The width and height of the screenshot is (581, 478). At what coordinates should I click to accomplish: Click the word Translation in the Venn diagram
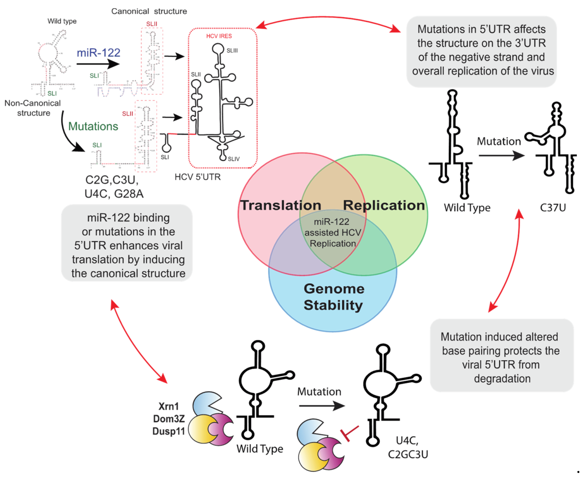pos(281,205)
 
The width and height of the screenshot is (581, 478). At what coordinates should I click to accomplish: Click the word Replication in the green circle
pos(384,205)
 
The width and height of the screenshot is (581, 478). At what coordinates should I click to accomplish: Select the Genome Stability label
pos(334,297)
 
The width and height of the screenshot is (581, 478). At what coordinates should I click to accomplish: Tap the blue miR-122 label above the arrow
pos(98,53)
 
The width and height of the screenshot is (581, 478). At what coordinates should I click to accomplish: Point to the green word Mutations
pos(93,126)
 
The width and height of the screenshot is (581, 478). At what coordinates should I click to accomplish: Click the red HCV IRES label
pos(219,36)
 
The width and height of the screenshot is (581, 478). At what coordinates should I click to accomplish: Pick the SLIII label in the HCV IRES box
pos(232,50)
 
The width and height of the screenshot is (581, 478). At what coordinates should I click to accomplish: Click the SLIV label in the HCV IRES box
pos(234,159)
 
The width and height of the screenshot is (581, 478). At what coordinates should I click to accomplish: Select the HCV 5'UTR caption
pos(197,177)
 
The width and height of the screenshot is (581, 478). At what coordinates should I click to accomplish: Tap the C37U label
pos(553,208)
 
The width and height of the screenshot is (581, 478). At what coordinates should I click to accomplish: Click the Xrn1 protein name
pos(168,406)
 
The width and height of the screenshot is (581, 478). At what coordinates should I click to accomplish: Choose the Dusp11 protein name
pos(168,431)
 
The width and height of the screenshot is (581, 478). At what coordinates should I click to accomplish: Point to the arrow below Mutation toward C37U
pos(501,155)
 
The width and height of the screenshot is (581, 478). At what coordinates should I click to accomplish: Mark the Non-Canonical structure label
pos(33,108)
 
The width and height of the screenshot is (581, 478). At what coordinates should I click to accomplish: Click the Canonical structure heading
pos(149,11)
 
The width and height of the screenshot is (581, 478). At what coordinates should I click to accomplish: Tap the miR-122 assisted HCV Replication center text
pos(333,232)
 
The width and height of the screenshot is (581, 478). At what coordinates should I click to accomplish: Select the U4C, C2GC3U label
pos(408,447)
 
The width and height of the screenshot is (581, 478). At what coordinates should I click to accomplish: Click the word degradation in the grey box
pos(502,379)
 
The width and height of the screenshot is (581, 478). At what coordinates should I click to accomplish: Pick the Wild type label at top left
pos(62,21)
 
